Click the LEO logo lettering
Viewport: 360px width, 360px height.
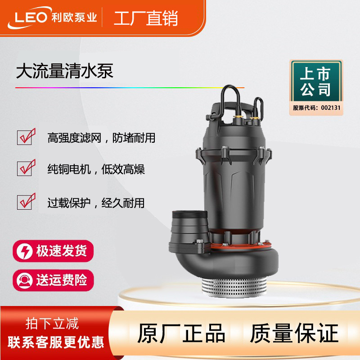point(31,18)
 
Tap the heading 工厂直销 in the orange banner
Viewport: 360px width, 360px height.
point(146,18)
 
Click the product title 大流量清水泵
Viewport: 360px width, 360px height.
point(64,71)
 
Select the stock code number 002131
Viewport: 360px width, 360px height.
point(331,108)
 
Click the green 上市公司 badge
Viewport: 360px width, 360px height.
point(316,81)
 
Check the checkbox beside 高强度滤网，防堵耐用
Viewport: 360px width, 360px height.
point(26,137)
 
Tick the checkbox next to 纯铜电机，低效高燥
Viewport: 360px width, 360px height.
point(26,168)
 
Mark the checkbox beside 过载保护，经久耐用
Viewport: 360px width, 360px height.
point(26,201)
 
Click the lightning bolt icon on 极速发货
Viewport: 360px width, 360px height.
point(24,251)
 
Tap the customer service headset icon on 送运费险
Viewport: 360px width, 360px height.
point(24,280)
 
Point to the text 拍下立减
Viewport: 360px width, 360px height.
point(52,324)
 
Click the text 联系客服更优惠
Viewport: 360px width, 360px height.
point(56,342)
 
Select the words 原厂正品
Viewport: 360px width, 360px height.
point(181,333)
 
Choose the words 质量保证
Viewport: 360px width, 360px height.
point(294,333)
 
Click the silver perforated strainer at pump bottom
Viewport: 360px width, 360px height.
point(234,287)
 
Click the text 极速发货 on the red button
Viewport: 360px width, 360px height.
point(62,251)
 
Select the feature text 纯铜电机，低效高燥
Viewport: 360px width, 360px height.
point(96,169)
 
